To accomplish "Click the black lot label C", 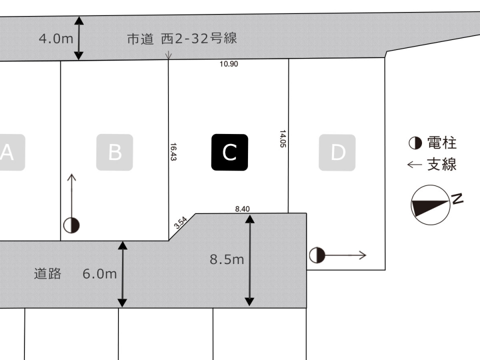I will coord(229,152).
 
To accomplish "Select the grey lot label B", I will coord(115,152).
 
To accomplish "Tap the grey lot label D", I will coord(337,152).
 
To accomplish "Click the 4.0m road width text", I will coord(56,38).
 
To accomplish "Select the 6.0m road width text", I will coord(99,273).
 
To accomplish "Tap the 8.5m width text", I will coord(226,259).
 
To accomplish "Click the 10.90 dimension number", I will coord(228,64).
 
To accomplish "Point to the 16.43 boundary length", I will coord(173,151).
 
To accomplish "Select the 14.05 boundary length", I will coord(283,138).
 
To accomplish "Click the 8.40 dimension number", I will coord(242,209).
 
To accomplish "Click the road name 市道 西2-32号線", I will coord(181,39).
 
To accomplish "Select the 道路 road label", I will coord(48,273).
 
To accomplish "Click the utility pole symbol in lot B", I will coord(71,225).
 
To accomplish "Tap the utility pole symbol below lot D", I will coord(316,255).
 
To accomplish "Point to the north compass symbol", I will coord(430,204).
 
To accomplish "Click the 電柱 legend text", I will coord(442,143).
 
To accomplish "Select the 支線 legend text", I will coord(442,164).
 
